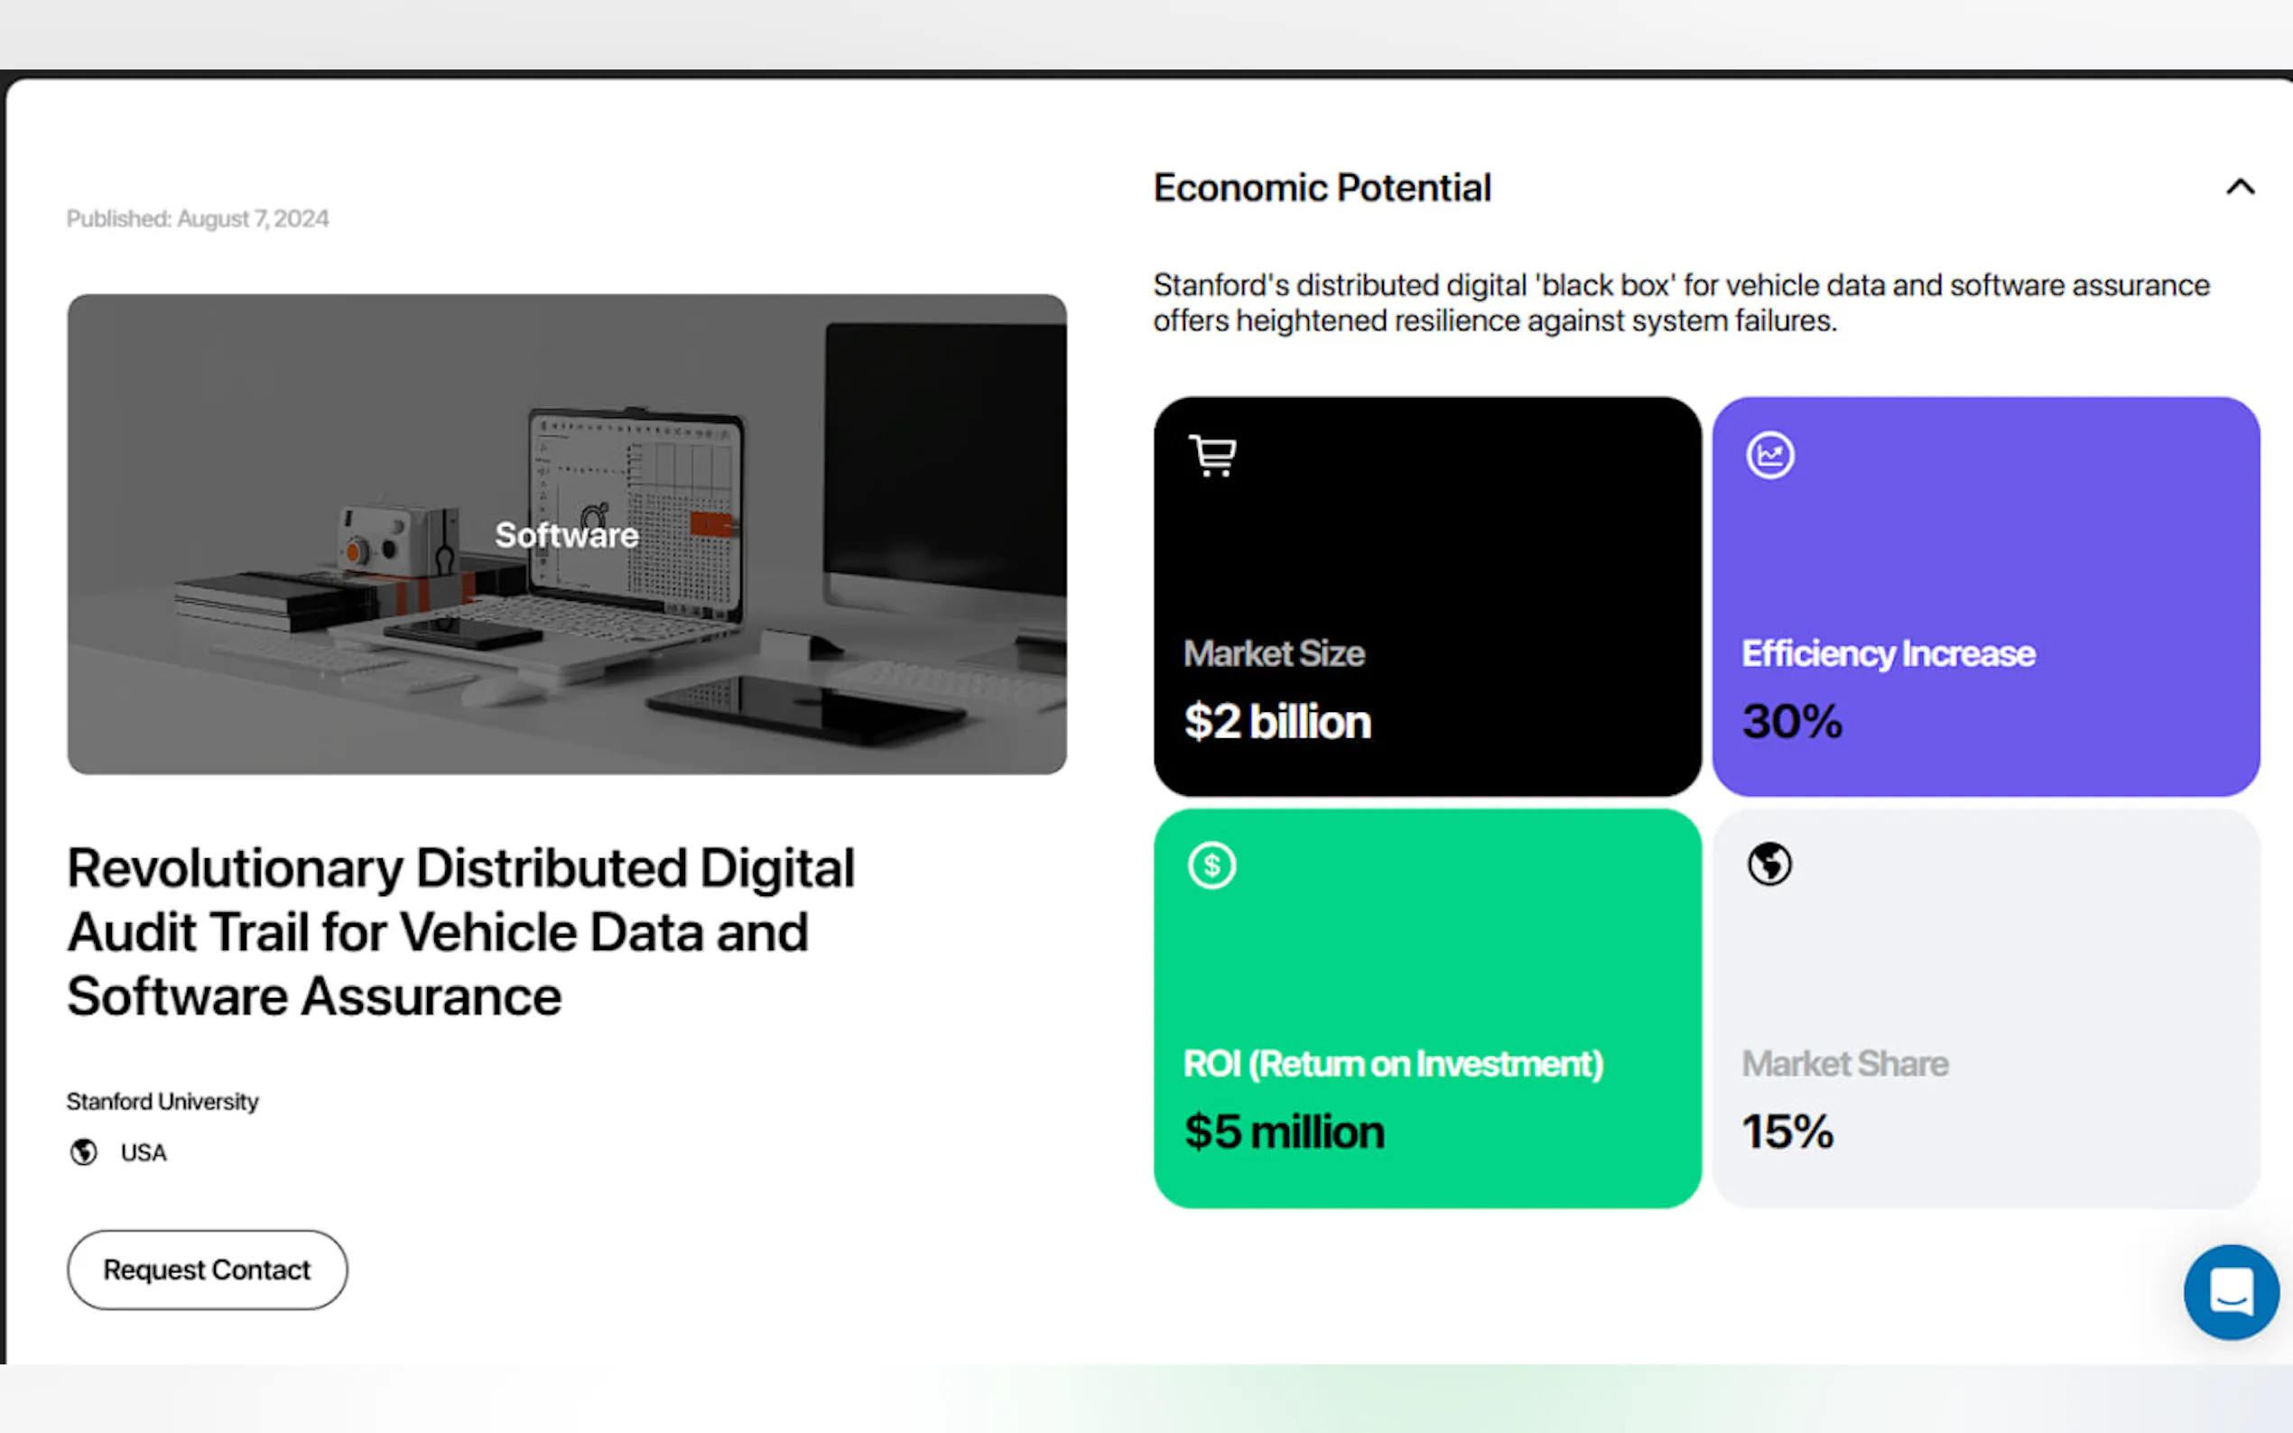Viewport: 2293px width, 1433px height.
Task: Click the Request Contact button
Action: pos(207,1269)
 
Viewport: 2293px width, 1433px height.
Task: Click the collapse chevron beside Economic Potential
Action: pos(2240,187)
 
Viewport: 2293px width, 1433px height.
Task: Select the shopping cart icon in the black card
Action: pos(1212,456)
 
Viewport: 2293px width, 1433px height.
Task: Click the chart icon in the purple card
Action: pos(1769,456)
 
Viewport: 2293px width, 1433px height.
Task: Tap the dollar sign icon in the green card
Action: pos(1211,865)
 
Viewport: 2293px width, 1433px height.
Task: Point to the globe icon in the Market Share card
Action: pos(1768,864)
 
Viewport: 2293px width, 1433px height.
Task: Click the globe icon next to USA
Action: pos(83,1151)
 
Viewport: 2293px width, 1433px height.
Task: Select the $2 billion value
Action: pos(1276,721)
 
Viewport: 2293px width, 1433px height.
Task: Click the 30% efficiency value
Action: pos(1792,721)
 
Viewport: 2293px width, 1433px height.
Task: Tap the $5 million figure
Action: pos(1285,1132)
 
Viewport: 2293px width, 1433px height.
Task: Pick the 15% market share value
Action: pos(1787,1132)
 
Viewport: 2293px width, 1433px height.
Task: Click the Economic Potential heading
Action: pos(1323,188)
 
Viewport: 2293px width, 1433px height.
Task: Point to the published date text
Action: pos(197,219)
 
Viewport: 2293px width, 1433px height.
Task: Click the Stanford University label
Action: pos(162,1101)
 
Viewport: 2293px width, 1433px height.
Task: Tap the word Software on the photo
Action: pos(567,535)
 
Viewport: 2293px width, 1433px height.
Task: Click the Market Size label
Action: pos(1274,654)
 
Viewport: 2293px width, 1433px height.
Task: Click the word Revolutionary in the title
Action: pos(236,868)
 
